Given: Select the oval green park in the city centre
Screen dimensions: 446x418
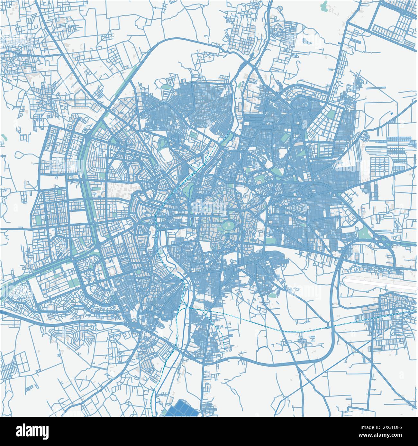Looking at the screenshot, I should point(229,226).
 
